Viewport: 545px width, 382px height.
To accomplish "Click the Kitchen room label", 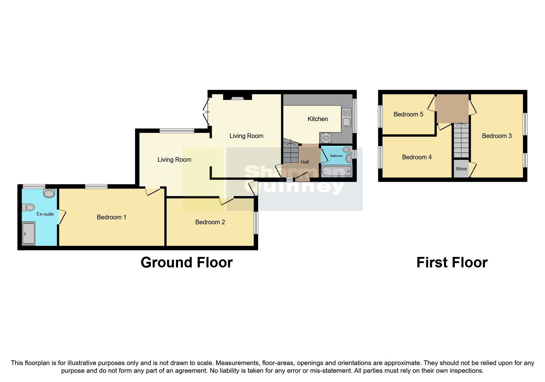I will coord(318,119).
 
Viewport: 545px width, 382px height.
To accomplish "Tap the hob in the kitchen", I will coord(326,137).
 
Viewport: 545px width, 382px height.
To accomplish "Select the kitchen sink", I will coord(347,117).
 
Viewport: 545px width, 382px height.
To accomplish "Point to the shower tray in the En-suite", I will coord(29,234).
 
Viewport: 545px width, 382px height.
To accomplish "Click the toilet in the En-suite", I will coord(28,207).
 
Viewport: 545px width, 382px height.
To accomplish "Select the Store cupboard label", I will coord(461,169).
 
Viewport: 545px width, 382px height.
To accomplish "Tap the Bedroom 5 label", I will coord(408,114).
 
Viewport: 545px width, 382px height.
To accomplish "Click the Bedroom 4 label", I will coord(417,157).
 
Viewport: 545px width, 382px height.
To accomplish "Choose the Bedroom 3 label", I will coord(496,136).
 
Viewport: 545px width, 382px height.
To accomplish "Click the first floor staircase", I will coord(461,140).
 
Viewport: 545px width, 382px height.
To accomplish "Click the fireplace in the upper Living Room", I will coord(237,97).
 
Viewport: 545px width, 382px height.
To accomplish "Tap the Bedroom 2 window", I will coord(255,223).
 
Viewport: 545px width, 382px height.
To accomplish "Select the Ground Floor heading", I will coord(186,262).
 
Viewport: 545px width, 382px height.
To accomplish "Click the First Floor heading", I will coord(452,262).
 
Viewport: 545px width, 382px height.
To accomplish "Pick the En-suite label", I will coord(45,214).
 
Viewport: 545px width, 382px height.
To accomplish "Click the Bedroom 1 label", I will coord(111,217).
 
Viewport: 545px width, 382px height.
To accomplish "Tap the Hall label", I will coord(305,162).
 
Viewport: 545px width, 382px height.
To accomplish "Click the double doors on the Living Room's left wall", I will coord(206,112).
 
